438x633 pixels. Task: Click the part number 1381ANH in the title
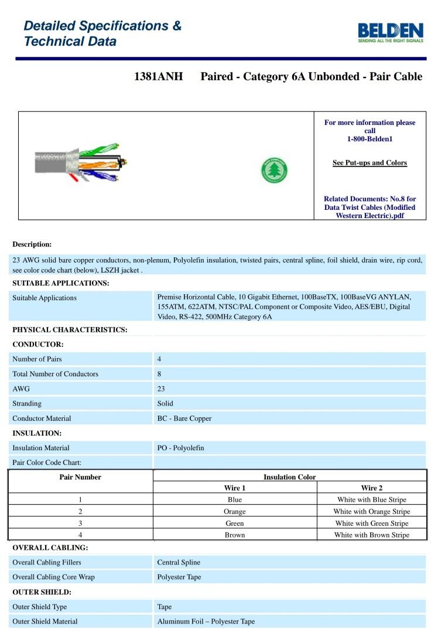159,77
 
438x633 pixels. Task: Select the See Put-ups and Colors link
369,163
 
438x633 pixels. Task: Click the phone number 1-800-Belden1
369,139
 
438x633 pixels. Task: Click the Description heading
32,244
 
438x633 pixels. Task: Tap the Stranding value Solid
165,403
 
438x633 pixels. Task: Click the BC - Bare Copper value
184,418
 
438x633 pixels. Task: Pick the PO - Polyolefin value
181,448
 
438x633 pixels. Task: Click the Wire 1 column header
235,488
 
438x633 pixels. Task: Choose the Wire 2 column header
372,488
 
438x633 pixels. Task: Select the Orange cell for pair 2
235,511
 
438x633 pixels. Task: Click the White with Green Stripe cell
372,523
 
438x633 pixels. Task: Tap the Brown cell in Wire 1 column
235,535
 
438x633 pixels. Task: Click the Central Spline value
179,562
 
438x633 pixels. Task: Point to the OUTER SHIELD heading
42,592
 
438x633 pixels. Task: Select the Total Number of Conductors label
56,374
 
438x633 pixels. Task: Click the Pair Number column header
80,477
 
